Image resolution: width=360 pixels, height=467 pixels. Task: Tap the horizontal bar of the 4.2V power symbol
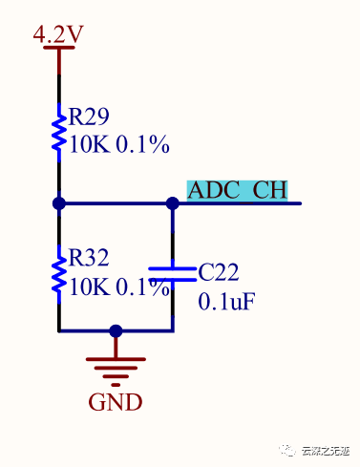(58, 49)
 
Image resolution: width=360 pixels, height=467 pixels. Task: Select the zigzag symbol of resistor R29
(59, 128)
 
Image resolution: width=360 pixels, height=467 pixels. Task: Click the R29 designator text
(89, 117)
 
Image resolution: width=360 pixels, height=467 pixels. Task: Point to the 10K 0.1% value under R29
(119, 144)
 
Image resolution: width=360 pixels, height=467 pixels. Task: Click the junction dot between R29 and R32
(59, 202)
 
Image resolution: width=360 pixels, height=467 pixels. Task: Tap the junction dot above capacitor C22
(173, 202)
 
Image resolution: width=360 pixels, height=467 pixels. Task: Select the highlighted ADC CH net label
(236, 190)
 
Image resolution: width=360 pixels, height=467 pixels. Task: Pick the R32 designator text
(89, 258)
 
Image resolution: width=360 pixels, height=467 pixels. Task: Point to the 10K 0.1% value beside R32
(119, 286)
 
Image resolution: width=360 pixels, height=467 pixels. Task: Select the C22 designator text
(220, 272)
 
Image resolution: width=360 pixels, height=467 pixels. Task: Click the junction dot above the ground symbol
(116, 330)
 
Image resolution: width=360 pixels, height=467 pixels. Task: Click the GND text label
(116, 401)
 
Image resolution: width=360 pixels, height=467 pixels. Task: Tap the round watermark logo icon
(286, 449)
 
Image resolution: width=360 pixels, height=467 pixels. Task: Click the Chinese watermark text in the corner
(326, 450)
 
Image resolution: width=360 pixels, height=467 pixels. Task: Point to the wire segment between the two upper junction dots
(116, 202)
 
